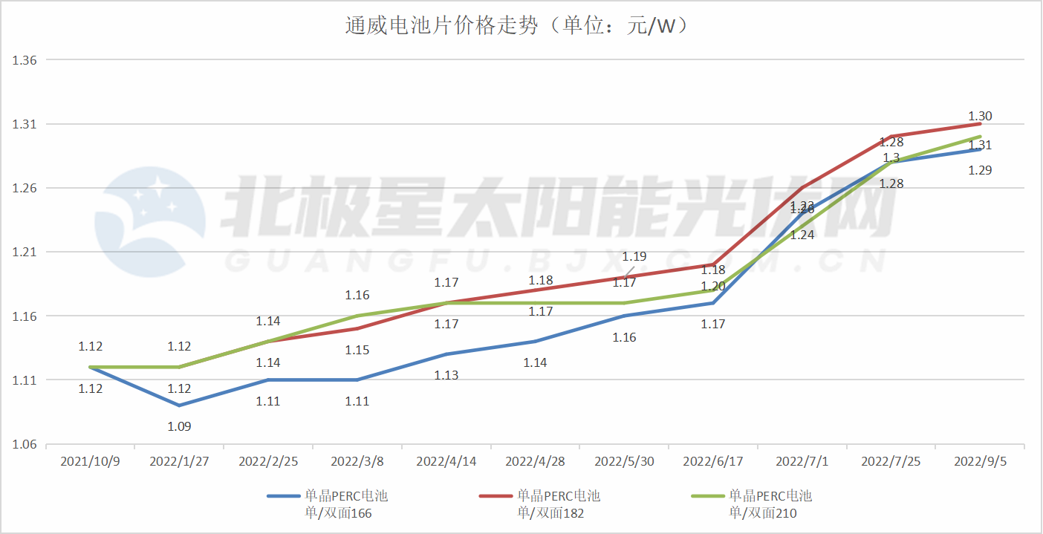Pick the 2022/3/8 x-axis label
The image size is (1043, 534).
coord(357,461)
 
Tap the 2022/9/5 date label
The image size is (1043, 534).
coord(981,461)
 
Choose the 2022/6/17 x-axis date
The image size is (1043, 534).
coord(713,461)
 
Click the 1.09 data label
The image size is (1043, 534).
coord(179,426)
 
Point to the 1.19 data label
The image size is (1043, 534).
coord(634,256)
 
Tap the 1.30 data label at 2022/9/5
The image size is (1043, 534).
coord(981,116)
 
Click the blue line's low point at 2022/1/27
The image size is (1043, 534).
coord(179,406)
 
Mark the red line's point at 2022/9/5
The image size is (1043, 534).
coord(981,124)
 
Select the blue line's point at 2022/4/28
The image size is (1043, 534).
coord(535,342)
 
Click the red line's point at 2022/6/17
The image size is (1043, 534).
coord(713,265)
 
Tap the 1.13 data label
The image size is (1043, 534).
coord(446,375)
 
